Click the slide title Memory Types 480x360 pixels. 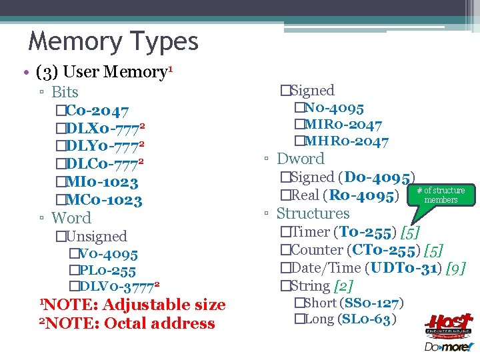(x=113, y=42)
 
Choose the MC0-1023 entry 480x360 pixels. (x=104, y=200)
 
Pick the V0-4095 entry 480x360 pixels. (x=107, y=254)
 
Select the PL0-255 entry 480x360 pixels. (x=106, y=271)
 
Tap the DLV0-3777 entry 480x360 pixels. (x=117, y=287)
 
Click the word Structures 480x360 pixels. (x=313, y=213)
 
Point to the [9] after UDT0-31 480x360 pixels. (x=455, y=268)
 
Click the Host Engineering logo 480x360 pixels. (x=448, y=326)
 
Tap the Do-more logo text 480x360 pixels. (x=448, y=347)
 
